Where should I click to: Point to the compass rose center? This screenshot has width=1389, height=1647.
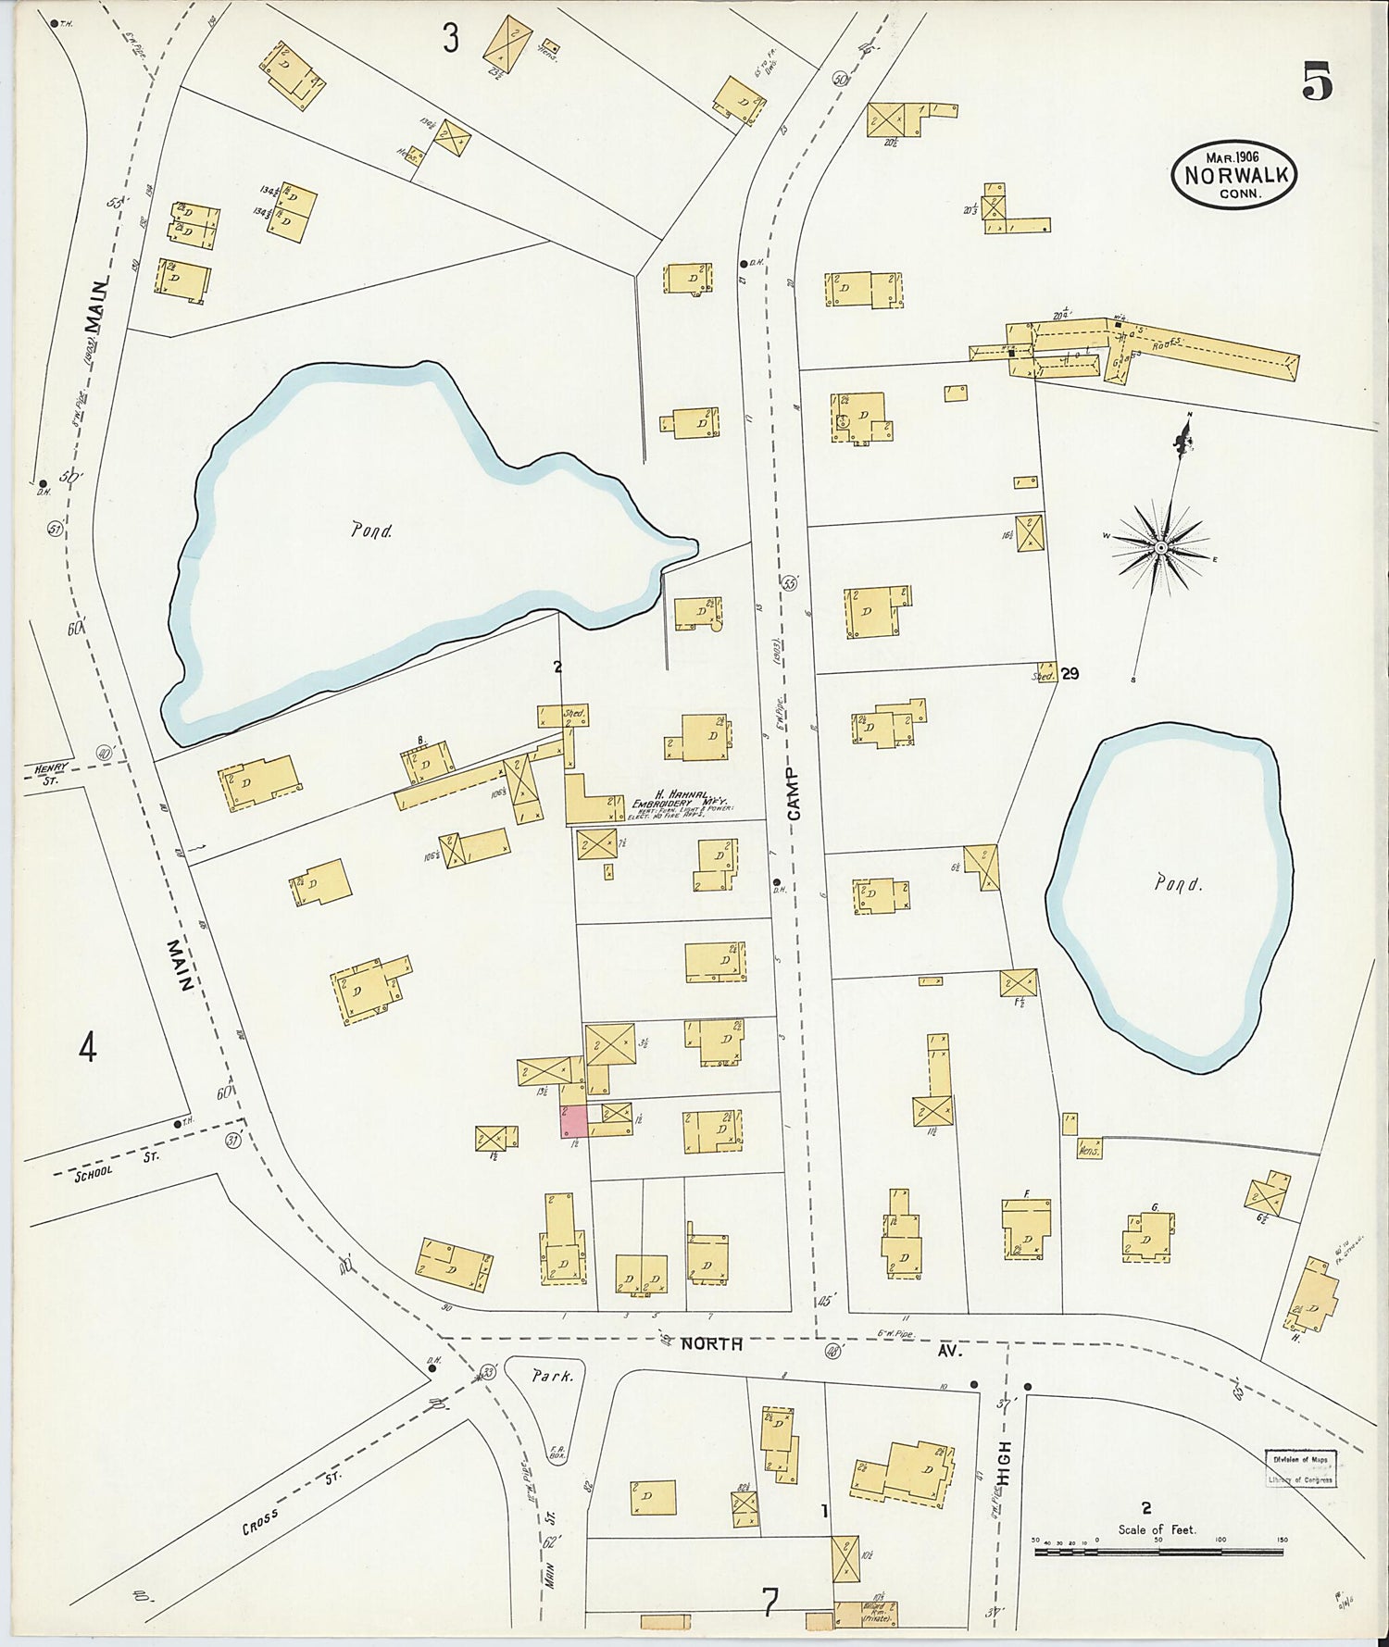coord(1160,548)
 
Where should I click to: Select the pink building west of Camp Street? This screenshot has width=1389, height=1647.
coord(573,1121)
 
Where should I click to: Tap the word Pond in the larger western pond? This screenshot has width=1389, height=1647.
coord(371,530)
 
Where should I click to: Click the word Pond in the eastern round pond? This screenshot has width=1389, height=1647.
coord(1178,883)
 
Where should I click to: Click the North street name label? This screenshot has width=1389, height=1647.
coord(711,1343)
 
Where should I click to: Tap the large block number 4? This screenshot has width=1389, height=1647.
coord(87,1049)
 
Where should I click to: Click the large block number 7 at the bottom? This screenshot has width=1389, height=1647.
coord(770,1600)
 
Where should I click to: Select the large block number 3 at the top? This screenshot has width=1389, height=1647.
coord(450,38)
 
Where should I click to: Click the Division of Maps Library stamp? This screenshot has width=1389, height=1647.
coord(1300,1469)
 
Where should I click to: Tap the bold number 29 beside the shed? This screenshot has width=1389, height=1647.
coord(1070,674)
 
